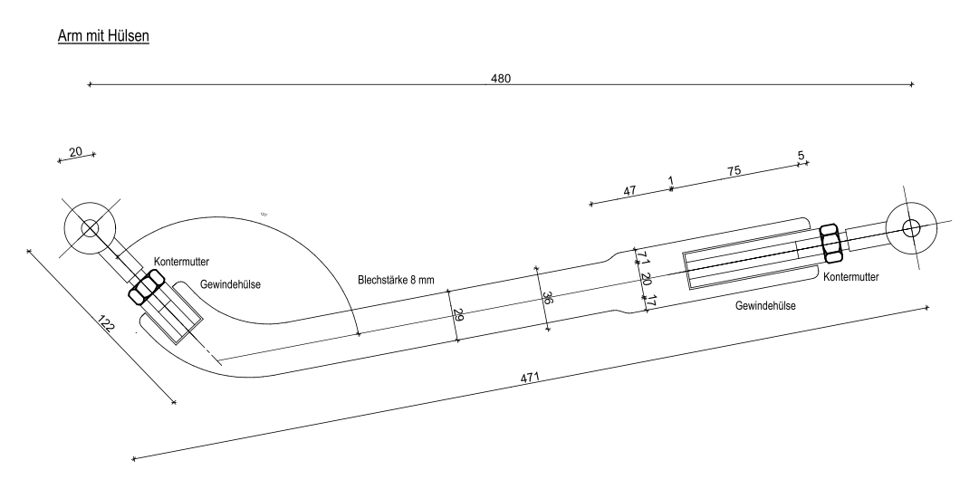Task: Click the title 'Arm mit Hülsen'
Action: tap(103, 36)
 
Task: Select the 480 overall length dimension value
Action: tap(501, 79)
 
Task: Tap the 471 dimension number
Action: tap(530, 378)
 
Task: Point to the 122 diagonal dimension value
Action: tap(106, 323)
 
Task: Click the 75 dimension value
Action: tap(734, 171)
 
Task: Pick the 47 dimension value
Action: tap(629, 190)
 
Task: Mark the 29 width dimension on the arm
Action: tap(458, 315)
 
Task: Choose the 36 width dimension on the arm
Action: tap(547, 298)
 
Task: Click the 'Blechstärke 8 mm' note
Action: tap(396, 280)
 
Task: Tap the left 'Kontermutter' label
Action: tap(181, 262)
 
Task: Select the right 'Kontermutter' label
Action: tap(851, 277)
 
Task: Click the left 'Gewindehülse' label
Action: tap(230, 284)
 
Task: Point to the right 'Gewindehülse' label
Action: tap(765, 306)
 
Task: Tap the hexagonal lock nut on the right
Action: tap(831, 244)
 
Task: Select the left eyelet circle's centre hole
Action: tap(90, 228)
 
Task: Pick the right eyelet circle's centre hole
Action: tap(911, 228)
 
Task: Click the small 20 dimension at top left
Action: tap(75, 152)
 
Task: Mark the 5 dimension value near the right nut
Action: tap(801, 156)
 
